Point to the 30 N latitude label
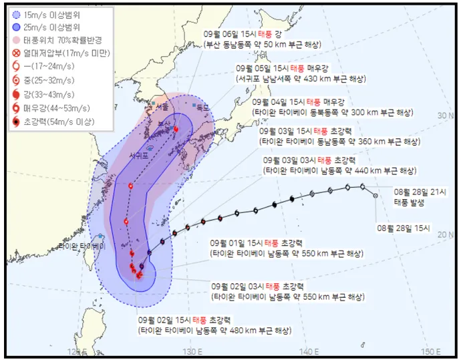coord(444,116)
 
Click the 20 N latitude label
coord(444,234)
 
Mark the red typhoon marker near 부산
coord(176,129)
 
